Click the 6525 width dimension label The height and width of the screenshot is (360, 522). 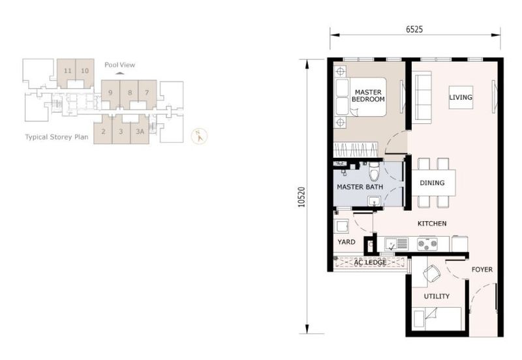414,29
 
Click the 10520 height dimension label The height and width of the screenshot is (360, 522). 301,198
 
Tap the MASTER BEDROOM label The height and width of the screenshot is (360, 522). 368,96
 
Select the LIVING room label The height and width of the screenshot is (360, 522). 461,97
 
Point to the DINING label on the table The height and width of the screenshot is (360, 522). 432,183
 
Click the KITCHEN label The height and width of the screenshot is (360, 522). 432,224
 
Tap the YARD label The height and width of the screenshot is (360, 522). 346,242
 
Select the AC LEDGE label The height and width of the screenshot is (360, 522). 370,263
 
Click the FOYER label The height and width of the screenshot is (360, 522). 482,269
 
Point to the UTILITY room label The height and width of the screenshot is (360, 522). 437,296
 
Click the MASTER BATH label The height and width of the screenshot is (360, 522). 360,187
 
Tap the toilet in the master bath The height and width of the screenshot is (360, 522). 374,171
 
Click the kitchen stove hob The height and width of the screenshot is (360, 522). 427,244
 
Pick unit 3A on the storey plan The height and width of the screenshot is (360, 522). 140,130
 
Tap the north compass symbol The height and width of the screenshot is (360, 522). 199,136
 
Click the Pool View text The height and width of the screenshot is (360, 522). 120,65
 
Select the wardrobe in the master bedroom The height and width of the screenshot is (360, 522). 356,149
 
